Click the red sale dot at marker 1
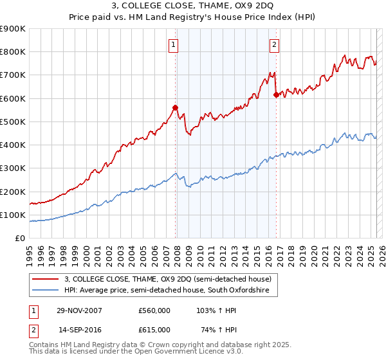click(x=175, y=107)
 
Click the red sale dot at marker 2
click(x=275, y=94)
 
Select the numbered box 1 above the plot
click(x=174, y=44)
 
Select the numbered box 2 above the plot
click(x=275, y=44)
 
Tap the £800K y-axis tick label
click(x=13, y=52)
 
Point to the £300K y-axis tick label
click(x=13, y=168)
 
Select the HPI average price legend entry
click(x=170, y=291)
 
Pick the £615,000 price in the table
click(x=154, y=329)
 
